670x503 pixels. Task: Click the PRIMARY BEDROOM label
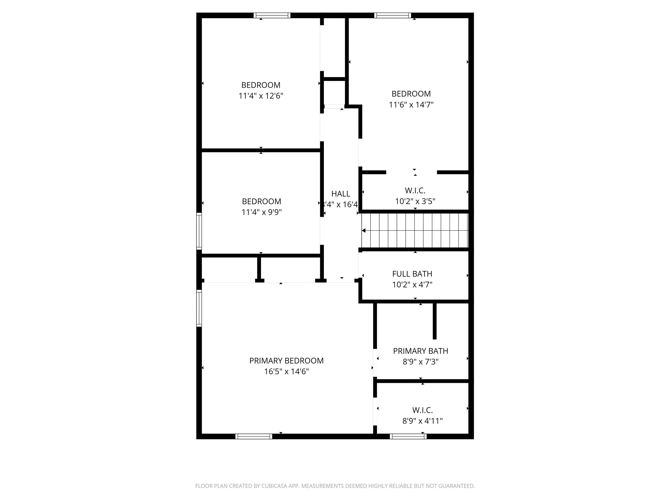(286, 360)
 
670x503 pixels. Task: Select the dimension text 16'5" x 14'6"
(286, 371)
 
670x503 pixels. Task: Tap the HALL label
(341, 194)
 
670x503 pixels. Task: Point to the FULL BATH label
(412, 274)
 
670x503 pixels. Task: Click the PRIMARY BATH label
(420, 351)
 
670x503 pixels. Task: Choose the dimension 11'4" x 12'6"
(261, 96)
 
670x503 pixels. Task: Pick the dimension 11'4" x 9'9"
(261, 212)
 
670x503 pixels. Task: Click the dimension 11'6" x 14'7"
(411, 105)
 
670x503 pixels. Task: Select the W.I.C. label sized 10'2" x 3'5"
(415, 191)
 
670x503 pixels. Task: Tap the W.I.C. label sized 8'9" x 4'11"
(422, 410)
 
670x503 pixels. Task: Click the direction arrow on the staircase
(364, 231)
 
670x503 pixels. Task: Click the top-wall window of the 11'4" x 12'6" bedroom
(272, 15)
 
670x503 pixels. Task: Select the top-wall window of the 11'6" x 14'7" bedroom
(393, 15)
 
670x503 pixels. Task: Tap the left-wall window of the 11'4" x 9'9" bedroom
(199, 231)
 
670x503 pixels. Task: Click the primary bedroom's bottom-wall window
(254, 436)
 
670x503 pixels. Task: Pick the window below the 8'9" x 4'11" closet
(408, 436)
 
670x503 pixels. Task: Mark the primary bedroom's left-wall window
(199, 308)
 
